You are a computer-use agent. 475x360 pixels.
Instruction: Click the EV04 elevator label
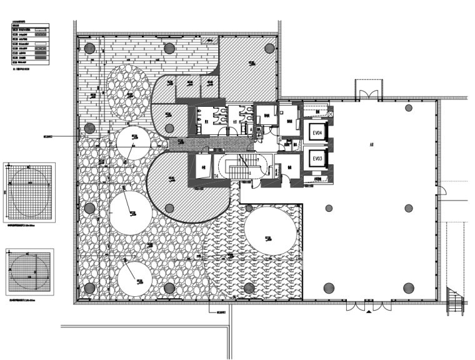[317, 134]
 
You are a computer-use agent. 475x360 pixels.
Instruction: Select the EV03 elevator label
[317, 159]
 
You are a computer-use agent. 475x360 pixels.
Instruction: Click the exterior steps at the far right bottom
[457, 302]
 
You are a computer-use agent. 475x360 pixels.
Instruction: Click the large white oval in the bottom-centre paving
[271, 231]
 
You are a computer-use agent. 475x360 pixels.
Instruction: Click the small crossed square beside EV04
[331, 115]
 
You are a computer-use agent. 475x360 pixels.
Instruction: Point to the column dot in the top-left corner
[89, 47]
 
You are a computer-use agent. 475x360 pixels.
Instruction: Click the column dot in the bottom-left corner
[89, 288]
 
